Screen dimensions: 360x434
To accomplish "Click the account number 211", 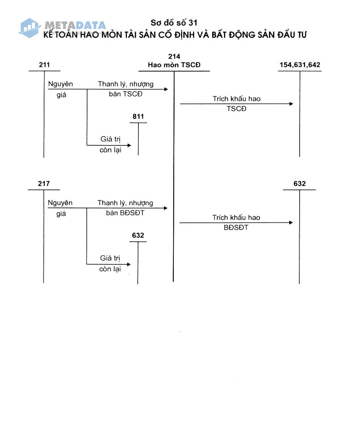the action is point(44,65).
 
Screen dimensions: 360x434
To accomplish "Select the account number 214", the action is point(174,56).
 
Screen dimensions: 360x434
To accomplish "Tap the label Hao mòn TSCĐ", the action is point(174,65).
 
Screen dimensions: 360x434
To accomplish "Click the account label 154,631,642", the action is point(300,65).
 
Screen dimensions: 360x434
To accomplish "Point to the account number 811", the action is point(138,116).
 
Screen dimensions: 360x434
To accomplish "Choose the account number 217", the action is point(44,183).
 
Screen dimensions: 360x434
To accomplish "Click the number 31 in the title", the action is point(193,23).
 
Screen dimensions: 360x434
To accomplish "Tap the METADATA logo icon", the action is point(30,28).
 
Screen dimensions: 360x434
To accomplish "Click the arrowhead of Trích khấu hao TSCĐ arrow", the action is point(291,104).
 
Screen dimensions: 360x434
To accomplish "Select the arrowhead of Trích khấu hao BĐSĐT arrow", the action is point(291,223).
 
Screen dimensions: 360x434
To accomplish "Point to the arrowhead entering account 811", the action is point(129,145).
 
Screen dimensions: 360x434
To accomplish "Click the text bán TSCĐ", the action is point(126,94).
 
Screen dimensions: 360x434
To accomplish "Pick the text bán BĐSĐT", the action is point(125,213).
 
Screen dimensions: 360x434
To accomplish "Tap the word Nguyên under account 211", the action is point(60,84).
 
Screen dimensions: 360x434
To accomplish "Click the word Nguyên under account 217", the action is point(60,203).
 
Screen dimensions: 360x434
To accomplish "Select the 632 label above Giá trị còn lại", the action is point(138,235).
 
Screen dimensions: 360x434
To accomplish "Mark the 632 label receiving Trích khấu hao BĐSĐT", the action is point(300,183).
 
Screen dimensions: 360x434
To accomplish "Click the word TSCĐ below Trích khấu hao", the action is point(236,109).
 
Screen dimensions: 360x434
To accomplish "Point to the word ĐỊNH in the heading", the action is point(184,35).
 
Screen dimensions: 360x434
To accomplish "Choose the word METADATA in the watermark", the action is point(75,25).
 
